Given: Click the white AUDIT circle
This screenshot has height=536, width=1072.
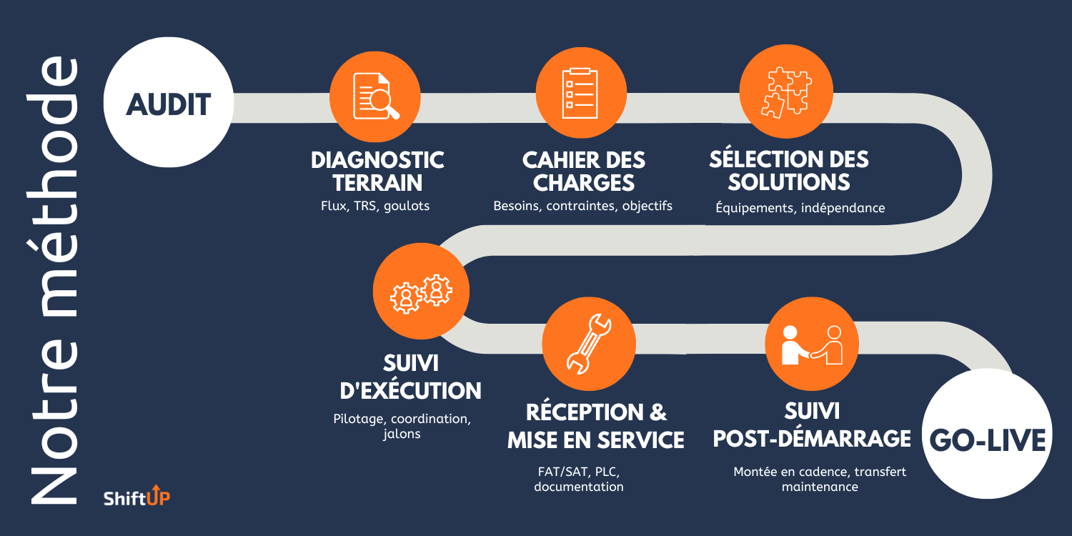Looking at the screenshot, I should point(169,104).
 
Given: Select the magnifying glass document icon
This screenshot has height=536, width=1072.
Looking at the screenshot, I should point(376,96).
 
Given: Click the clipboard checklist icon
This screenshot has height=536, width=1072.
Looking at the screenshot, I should point(581,93).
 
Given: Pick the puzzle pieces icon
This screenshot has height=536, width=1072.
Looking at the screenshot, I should point(785,91).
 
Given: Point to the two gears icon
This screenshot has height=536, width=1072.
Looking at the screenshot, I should point(421,292).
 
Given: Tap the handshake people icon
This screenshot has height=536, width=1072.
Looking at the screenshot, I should point(812,344).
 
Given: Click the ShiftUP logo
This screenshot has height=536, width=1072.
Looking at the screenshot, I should point(137,497).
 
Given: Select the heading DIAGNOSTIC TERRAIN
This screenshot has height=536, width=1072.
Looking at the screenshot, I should point(377,171).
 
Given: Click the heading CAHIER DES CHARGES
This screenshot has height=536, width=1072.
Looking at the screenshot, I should point(583,171).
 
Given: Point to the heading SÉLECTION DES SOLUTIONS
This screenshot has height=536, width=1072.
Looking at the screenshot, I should point(789,170).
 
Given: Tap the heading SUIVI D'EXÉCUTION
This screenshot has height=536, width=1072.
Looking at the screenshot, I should point(410,377).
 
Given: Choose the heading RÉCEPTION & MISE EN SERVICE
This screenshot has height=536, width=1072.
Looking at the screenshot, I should point(596,426).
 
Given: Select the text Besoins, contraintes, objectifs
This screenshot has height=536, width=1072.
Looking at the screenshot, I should point(582,206).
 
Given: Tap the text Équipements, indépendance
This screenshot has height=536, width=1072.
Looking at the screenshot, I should point(800,208).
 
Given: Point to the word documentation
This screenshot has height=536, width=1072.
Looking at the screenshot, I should point(579,487).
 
